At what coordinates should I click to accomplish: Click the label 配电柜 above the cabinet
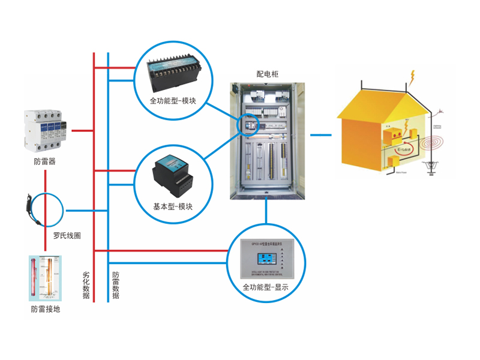tap(268, 74)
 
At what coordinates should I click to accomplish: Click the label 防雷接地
tap(46, 309)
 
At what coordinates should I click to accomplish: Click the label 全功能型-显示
tap(266, 287)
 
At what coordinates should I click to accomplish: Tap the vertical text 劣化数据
tap(86, 285)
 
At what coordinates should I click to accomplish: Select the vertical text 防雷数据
tap(116, 285)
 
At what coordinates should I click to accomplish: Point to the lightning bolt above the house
tap(412, 77)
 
